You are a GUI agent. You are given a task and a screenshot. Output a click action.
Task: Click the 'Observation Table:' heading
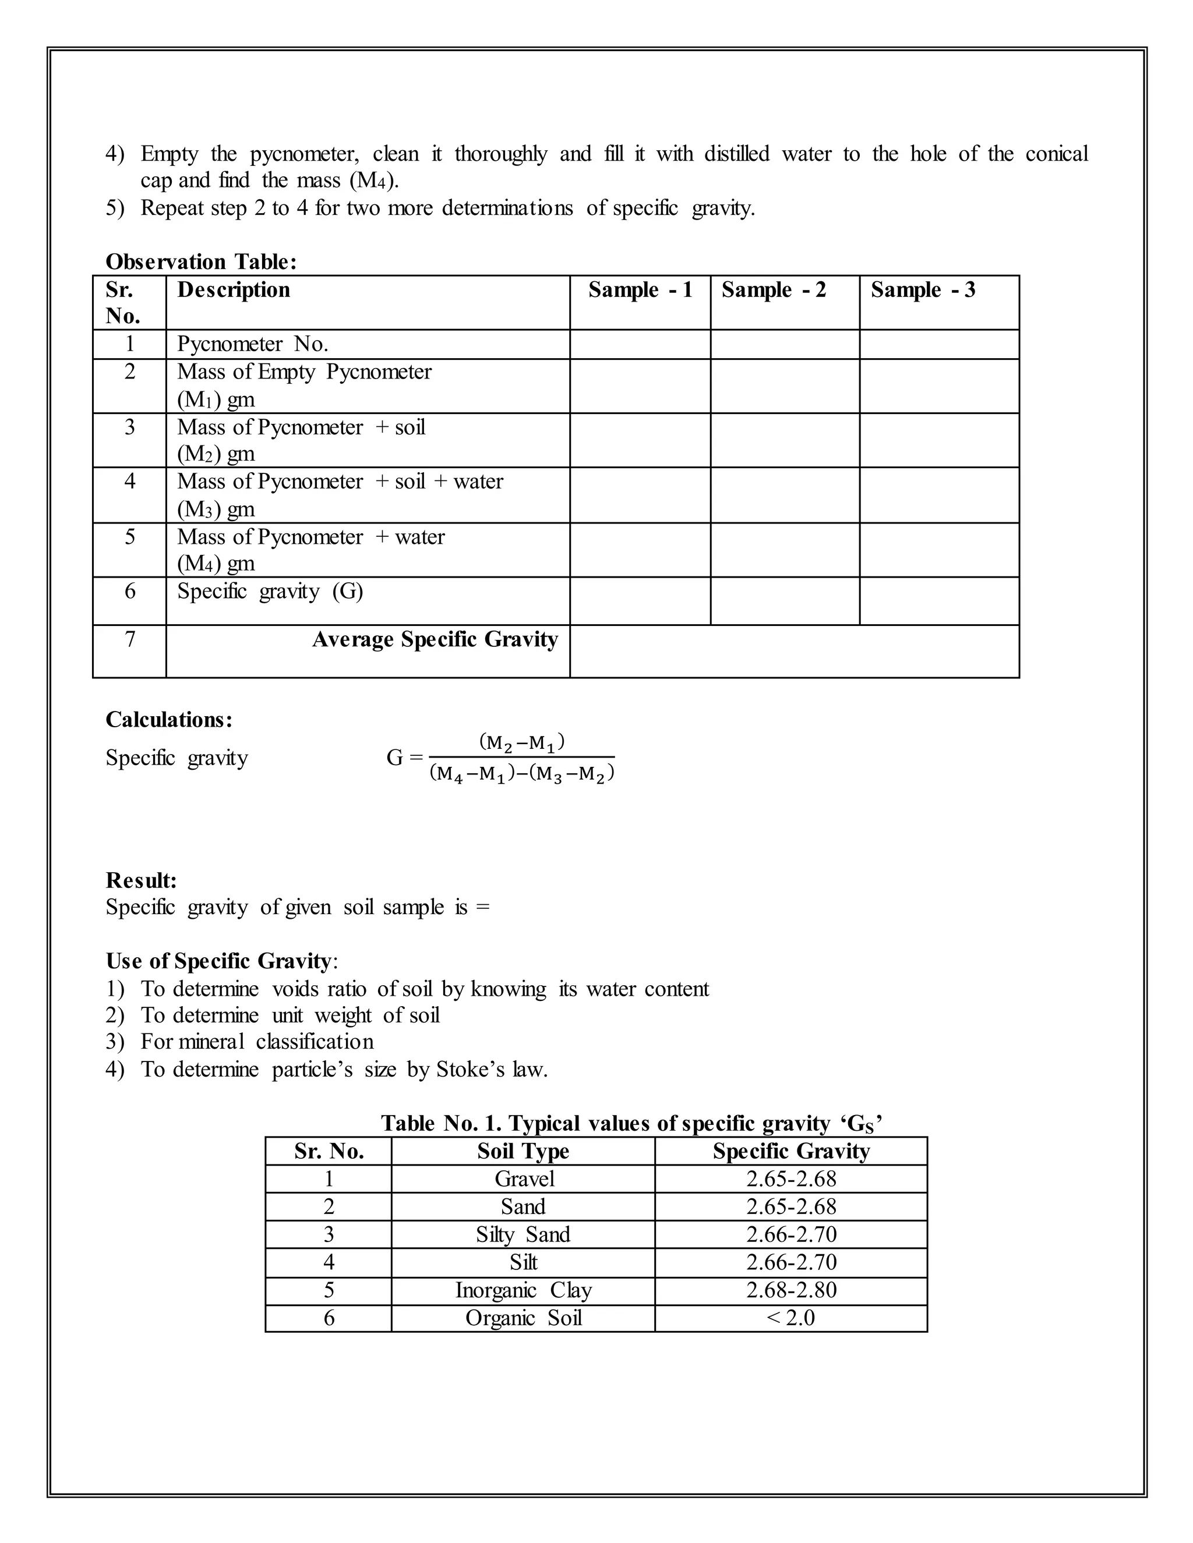coord(201,262)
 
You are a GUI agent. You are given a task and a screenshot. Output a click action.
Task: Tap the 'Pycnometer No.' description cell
coord(252,344)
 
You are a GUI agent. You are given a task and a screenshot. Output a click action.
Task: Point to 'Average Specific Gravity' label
coord(435,639)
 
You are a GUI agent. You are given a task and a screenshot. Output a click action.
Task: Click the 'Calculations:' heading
coord(169,719)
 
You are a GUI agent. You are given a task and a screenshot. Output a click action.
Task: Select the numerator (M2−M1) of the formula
coord(521,742)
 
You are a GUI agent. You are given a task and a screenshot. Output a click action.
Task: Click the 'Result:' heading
coord(142,880)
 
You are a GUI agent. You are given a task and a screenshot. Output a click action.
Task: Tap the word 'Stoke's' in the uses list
coord(464,1070)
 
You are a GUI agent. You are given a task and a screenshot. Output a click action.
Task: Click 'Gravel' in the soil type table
coord(524,1179)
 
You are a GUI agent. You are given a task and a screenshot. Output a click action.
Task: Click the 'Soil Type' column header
coord(523,1152)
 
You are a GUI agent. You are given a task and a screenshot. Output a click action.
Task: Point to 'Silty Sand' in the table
coord(523,1234)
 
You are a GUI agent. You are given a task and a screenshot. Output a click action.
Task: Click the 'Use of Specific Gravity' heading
coord(218,961)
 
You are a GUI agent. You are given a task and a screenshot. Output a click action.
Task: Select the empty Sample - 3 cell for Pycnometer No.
coord(938,344)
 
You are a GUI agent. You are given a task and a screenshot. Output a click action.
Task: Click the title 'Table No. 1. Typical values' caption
coord(631,1123)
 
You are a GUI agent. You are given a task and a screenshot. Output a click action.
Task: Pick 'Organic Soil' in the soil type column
coord(523,1318)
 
